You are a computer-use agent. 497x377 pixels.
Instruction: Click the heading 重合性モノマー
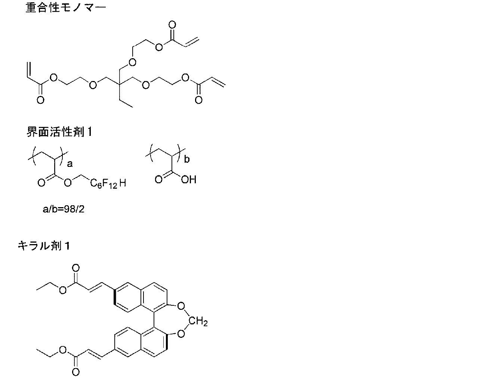(65, 8)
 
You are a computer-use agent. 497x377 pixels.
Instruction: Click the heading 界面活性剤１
(59, 132)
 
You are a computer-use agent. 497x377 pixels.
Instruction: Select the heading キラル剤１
(44, 246)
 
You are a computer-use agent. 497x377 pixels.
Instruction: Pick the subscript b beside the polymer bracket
(187, 159)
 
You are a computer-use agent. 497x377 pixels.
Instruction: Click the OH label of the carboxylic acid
(188, 180)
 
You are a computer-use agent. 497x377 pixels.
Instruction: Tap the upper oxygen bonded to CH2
(182, 307)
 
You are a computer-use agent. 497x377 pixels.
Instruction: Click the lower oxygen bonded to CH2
(182, 333)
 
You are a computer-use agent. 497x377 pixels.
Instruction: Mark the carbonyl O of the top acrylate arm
(172, 25)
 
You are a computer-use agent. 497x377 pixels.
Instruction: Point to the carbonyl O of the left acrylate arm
(40, 100)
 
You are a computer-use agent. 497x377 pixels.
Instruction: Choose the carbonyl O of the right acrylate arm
(198, 100)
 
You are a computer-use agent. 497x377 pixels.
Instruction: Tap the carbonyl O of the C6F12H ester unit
(41, 183)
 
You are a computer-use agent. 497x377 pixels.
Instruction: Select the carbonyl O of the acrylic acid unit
(158, 180)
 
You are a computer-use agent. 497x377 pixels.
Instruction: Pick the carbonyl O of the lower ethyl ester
(76, 372)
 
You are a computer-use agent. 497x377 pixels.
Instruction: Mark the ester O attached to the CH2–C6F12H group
(68, 183)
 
